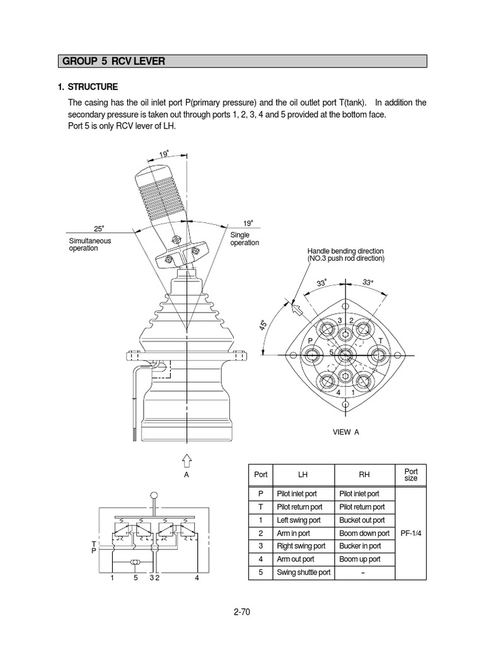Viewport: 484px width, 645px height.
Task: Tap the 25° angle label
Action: [99, 228]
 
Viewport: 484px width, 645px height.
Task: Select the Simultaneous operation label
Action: [89, 244]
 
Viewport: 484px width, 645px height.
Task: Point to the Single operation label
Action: [245, 239]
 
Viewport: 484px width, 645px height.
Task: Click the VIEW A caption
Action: [345, 431]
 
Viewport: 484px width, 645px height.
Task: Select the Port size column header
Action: [411, 474]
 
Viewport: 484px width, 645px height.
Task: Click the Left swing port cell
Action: [299, 520]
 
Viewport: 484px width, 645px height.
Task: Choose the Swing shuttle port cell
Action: [302, 573]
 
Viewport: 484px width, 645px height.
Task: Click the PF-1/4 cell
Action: [411, 533]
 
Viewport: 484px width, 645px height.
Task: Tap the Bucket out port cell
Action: [362, 520]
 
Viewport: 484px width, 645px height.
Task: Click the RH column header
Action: [364, 475]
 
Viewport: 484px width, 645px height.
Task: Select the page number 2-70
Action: [241, 611]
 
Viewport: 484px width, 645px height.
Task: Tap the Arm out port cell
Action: [296, 559]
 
